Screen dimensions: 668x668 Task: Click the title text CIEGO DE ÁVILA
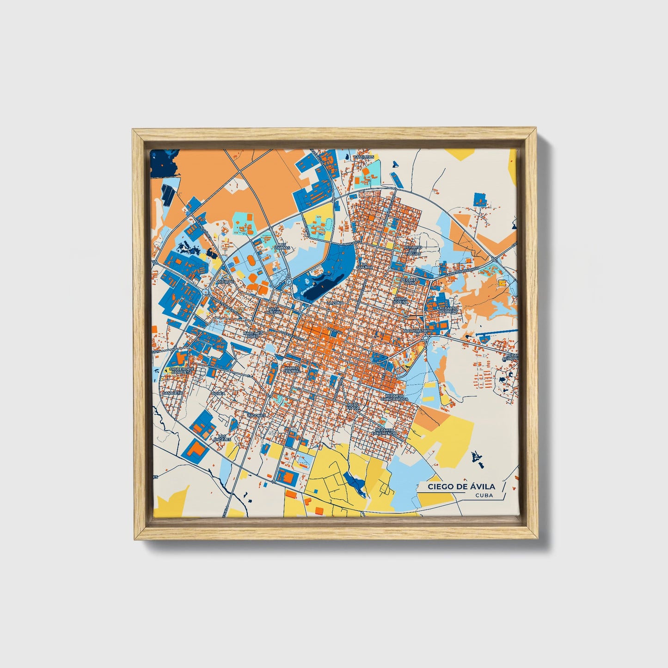[x=461, y=486]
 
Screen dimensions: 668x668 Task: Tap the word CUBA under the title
[x=483, y=496]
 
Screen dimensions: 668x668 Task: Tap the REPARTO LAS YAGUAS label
[x=411, y=251]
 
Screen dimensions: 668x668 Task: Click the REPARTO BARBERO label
[x=448, y=310]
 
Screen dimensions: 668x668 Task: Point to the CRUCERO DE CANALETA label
[x=181, y=371]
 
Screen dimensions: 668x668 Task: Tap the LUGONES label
[x=257, y=415]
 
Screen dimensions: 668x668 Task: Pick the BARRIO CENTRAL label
[x=292, y=369]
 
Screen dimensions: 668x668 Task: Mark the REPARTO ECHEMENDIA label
[x=386, y=432]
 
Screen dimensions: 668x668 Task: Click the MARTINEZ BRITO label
[x=253, y=334]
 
